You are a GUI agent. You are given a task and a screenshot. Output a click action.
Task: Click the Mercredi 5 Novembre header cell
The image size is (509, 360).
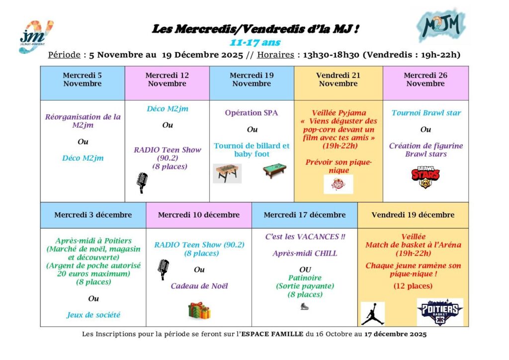(x=83, y=80)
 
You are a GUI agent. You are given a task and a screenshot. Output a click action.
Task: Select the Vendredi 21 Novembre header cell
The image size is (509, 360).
(x=338, y=80)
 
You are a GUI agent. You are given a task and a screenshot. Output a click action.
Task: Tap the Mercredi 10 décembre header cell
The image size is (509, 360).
(x=199, y=215)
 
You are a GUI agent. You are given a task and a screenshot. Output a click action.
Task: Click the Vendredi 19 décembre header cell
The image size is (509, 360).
(x=413, y=215)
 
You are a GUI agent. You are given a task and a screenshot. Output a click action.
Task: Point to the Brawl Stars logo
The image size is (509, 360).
(x=425, y=177)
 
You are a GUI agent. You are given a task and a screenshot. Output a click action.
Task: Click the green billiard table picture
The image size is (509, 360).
(x=274, y=171)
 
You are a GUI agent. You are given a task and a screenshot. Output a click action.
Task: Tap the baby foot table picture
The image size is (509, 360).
(x=227, y=173)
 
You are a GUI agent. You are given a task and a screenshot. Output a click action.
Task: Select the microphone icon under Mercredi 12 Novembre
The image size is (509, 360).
(x=142, y=182)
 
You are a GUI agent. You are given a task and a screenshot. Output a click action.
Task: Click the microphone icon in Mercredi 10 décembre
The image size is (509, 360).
(x=163, y=269)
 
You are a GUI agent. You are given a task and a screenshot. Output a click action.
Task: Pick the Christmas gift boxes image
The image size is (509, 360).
(x=199, y=310)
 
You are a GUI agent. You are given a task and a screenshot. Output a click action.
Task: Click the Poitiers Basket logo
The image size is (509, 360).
(x=439, y=312)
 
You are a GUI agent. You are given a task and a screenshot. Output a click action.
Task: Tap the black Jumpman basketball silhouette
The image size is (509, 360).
(x=372, y=313)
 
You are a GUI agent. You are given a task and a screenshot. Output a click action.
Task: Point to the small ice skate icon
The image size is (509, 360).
(x=304, y=306)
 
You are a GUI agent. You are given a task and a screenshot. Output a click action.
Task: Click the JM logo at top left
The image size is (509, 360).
(x=35, y=36)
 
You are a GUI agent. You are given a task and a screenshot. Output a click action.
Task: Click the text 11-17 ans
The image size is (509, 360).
(x=254, y=42)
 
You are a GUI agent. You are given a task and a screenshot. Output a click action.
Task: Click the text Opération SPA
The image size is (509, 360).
(x=252, y=113)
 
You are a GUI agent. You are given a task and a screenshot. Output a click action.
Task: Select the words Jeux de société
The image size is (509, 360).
(x=93, y=315)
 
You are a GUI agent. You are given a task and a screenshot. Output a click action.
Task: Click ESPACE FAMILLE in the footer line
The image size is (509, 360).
(x=272, y=334)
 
